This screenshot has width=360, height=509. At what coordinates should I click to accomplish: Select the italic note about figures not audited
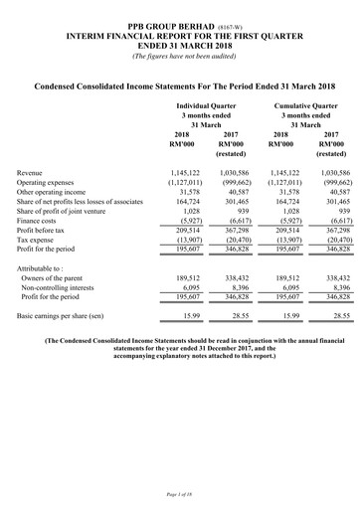tap(180, 54)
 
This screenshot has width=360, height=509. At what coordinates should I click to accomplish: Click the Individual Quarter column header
tap(206, 103)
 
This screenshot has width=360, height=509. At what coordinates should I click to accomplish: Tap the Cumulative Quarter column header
tap(295, 103)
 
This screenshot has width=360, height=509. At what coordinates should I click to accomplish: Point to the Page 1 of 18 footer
tap(180, 494)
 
